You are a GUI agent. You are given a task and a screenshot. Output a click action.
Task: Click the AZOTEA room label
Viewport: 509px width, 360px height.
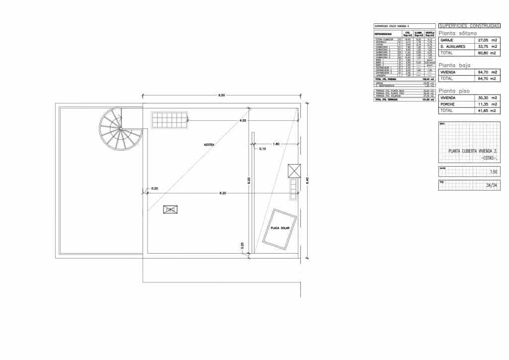pyautogui.click(x=209, y=145)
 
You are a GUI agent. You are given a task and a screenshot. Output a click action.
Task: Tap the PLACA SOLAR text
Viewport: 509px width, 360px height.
pyautogui.click(x=279, y=228)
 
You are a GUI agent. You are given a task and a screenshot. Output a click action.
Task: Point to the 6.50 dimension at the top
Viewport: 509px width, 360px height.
pyautogui.click(x=222, y=95)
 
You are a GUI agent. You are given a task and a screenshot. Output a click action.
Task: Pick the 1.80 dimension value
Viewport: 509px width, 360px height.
pyautogui.click(x=276, y=144)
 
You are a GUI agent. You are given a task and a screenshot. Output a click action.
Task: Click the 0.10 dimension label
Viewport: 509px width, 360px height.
pyautogui.click(x=263, y=149)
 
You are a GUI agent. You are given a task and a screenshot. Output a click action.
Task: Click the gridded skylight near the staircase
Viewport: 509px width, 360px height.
pyautogui.click(x=170, y=119)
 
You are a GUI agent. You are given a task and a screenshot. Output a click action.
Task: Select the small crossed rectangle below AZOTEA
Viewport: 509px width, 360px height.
pyautogui.click(x=170, y=210)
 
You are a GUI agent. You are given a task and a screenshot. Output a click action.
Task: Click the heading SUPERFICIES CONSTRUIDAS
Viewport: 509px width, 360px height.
pyautogui.click(x=469, y=25)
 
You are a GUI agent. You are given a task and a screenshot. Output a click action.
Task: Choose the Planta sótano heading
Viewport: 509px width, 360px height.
pyautogui.click(x=457, y=33)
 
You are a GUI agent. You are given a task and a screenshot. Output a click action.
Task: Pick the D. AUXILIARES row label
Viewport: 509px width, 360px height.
pyautogui.click(x=453, y=46)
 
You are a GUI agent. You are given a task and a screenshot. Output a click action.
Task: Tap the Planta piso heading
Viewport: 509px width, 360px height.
pyautogui.click(x=454, y=91)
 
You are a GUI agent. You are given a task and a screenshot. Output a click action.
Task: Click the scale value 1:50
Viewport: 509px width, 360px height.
pyautogui.click(x=494, y=172)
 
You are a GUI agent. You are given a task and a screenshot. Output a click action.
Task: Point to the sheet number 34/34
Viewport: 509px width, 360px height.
pyautogui.click(x=491, y=186)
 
